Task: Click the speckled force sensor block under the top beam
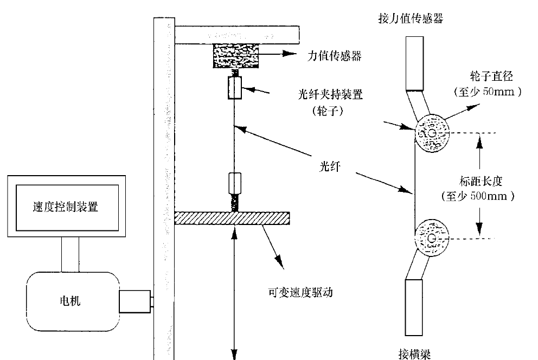(236, 55)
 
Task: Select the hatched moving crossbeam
(232, 217)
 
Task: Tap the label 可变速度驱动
(300, 292)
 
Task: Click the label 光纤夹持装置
(330, 94)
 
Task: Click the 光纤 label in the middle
(329, 166)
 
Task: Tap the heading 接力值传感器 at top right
(411, 20)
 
